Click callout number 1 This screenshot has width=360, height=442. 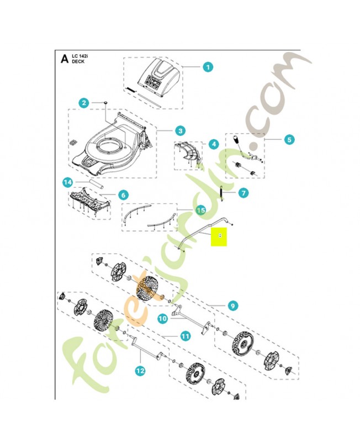pyautogui.click(x=207, y=67)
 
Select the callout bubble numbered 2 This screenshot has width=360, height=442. pyautogui.click(x=84, y=103)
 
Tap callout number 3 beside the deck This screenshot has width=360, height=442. pyautogui.click(x=180, y=131)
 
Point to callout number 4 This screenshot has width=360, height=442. pyautogui.click(x=213, y=144)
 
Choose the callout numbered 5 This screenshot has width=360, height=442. pyautogui.click(x=289, y=140)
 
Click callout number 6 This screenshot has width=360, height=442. pyautogui.click(x=123, y=195)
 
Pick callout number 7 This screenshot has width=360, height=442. pyautogui.click(x=244, y=193)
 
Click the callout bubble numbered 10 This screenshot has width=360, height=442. pyautogui.click(x=162, y=318)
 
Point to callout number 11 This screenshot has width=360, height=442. pyautogui.click(x=185, y=335)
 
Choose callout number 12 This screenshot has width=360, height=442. pyautogui.click(x=140, y=371)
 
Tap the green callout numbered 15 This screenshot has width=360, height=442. pyautogui.click(x=200, y=210)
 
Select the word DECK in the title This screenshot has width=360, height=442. pyautogui.click(x=80, y=62)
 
